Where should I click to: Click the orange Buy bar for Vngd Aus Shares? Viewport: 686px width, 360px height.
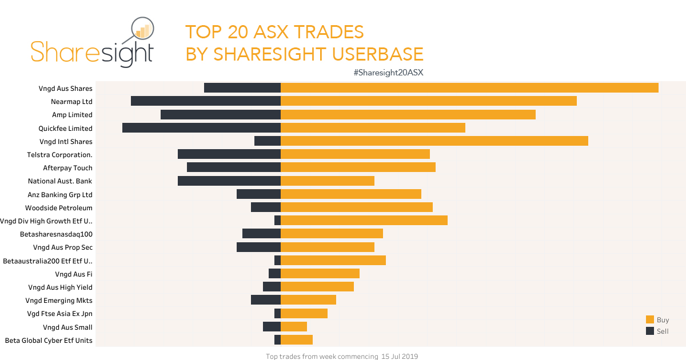(469, 88)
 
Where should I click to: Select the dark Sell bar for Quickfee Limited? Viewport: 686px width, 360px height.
(201, 128)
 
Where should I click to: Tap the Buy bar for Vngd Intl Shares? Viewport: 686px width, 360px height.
(434, 141)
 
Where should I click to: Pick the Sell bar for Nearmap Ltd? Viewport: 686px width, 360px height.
(206, 101)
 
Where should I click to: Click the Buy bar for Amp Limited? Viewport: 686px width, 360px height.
(408, 114)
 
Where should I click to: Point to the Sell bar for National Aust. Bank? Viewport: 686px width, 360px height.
(229, 181)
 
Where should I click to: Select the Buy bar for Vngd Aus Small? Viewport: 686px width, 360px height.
(294, 327)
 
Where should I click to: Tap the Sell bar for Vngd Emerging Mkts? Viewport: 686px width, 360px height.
(266, 300)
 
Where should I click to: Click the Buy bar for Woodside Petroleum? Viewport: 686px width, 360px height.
(356, 207)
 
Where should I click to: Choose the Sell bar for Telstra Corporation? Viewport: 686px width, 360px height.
(229, 154)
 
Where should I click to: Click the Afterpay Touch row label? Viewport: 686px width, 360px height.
(67, 168)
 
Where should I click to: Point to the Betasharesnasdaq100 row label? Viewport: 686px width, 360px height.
(56, 234)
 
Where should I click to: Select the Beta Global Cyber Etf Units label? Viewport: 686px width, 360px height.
(49, 341)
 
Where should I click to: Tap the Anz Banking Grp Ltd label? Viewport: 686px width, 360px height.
(60, 194)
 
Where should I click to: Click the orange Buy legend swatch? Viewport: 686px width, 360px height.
(649, 320)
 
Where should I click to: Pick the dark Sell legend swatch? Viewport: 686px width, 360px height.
(649, 331)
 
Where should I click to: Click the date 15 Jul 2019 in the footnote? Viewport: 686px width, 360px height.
(400, 357)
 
